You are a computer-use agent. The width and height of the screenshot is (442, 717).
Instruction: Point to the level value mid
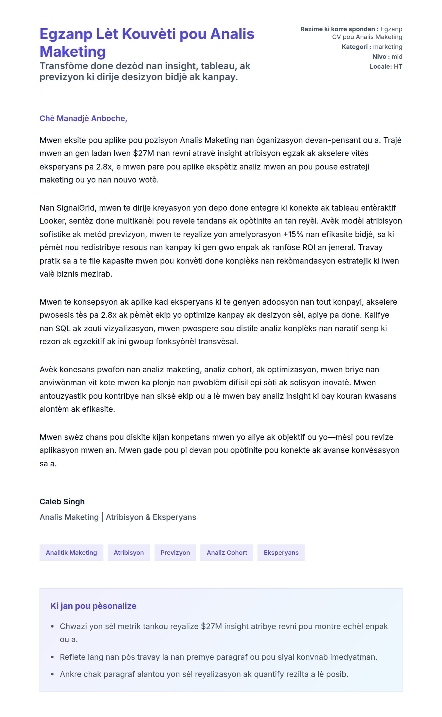(397, 57)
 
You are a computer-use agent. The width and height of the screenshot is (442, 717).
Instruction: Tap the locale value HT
(398, 67)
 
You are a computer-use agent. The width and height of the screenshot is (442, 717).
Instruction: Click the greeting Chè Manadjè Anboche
(83, 118)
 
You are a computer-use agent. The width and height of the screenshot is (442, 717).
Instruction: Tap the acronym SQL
(63, 329)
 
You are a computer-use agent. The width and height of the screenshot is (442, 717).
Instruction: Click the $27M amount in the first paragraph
(143, 153)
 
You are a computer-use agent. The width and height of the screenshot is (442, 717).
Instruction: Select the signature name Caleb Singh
(62, 501)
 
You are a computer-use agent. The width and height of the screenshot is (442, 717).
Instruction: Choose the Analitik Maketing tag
(71, 553)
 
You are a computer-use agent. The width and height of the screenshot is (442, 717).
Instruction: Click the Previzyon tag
(175, 553)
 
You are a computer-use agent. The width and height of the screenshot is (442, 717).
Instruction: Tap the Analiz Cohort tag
(226, 553)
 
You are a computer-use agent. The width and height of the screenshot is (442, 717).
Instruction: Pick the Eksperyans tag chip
(281, 553)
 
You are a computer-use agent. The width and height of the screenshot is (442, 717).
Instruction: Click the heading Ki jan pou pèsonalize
(93, 606)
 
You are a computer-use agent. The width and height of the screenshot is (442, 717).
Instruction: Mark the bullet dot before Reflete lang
(52, 657)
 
